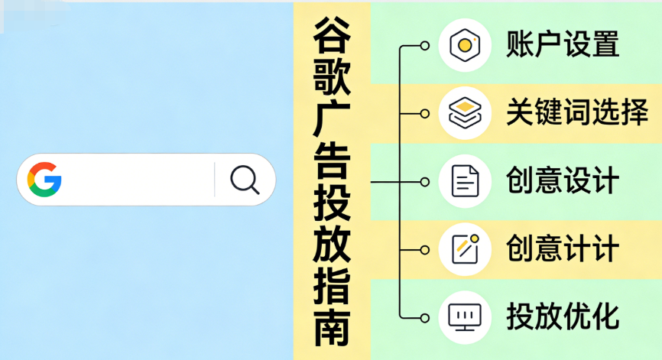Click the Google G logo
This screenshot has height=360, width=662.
44,180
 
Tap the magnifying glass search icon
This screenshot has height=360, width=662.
245,180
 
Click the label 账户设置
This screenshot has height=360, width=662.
562,45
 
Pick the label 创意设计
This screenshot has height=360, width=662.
562,182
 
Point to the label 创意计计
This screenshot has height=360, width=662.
562,248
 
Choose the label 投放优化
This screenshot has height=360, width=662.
562,316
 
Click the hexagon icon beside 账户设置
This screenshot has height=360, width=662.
465,45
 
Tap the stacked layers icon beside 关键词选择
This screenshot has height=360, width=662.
465,113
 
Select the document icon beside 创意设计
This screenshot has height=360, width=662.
465,182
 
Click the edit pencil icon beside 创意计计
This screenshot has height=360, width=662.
465,248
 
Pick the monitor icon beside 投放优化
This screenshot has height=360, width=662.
465,316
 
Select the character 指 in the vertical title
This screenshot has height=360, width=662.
332,287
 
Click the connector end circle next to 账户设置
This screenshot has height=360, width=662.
425,46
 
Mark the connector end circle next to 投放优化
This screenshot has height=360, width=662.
425,316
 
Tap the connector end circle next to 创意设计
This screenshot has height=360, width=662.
425,182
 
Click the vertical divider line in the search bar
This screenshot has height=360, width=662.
215,180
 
